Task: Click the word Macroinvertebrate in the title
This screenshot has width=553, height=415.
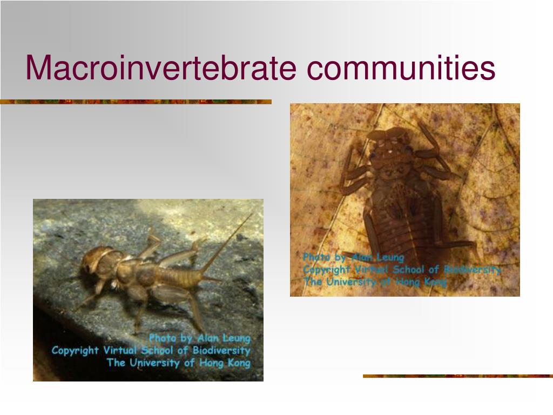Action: click(161, 68)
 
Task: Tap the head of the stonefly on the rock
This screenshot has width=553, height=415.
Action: click(93, 260)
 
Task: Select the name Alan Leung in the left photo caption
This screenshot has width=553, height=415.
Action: click(224, 338)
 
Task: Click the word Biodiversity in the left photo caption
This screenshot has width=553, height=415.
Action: click(221, 350)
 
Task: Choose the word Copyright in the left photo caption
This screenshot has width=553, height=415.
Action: click(75, 350)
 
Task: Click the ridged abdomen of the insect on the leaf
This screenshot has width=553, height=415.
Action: click(401, 226)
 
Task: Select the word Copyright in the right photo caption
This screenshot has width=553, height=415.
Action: click(326, 270)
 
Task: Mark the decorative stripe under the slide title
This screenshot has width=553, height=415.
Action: click(136, 102)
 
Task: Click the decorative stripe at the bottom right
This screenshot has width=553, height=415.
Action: click(458, 376)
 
